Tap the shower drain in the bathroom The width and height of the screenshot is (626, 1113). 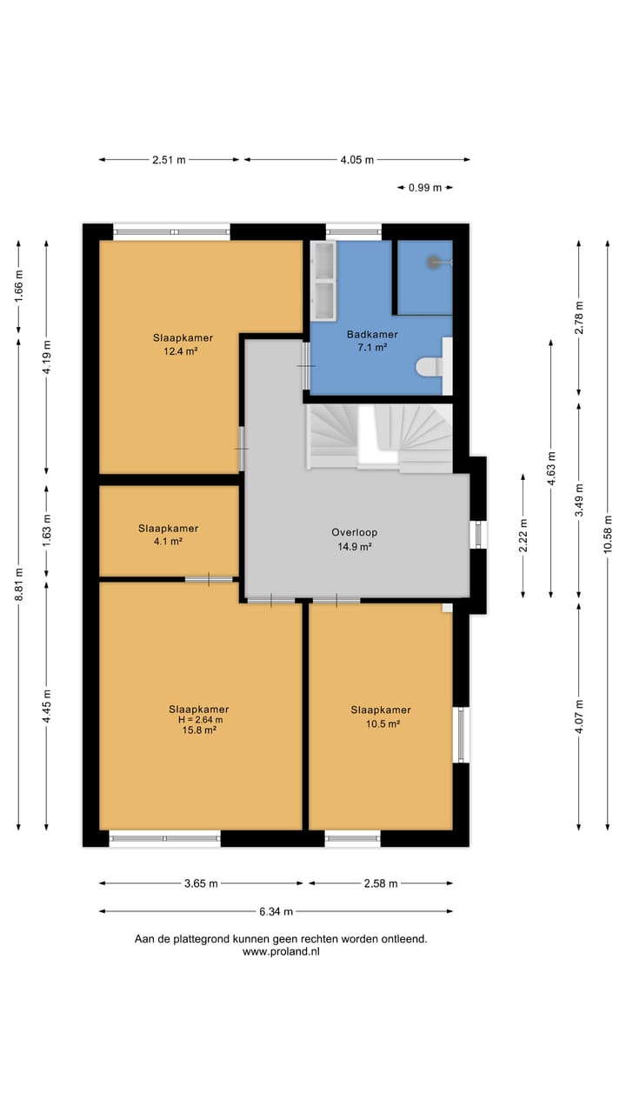point(435,262)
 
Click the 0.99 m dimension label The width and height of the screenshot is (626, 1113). point(425,188)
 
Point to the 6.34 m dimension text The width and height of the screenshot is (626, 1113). point(276,911)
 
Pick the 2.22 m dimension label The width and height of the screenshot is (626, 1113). point(523,535)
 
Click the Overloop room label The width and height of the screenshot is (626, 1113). point(354,532)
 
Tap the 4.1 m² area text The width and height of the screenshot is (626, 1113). point(168,542)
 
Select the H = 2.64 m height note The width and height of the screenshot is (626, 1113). point(200,719)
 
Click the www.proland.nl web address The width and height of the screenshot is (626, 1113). point(281,952)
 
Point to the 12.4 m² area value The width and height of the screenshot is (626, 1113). point(181,351)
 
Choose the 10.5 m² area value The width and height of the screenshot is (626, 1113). point(383,724)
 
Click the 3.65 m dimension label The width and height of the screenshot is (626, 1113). point(201,883)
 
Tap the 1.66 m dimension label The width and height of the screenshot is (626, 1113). point(18,286)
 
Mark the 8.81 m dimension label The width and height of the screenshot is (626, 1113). point(18,584)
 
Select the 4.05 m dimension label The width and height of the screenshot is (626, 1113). point(356,160)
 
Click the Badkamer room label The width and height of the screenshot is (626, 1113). point(372,335)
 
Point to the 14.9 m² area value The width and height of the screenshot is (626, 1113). point(355,547)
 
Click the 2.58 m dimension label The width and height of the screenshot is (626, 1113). point(381,883)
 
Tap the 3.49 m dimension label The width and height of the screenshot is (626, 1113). point(579,499)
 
